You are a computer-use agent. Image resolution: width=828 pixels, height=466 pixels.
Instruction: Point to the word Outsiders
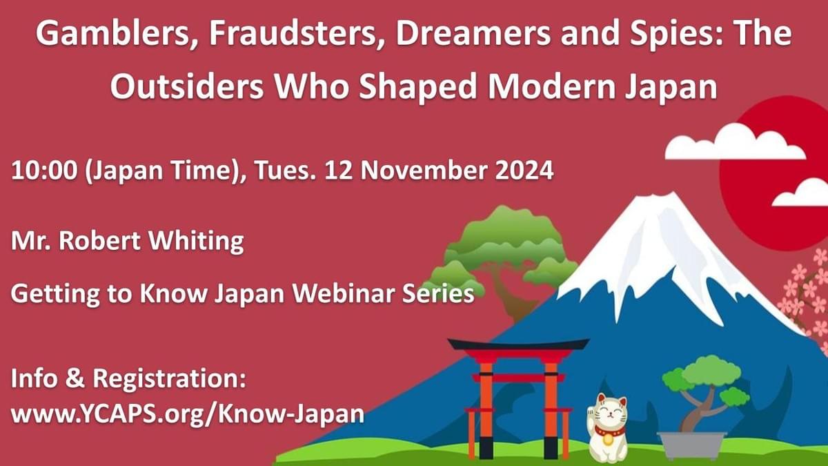187,86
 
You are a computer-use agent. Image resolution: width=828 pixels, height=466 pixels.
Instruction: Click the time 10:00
44,171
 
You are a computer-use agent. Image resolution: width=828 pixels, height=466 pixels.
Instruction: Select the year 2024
524,171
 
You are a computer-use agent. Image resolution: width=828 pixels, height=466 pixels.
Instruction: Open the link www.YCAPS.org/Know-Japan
188,414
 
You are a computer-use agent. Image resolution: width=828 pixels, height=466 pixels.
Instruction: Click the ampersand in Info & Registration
75,378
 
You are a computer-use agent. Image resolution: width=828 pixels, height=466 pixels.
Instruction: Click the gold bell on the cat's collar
607,439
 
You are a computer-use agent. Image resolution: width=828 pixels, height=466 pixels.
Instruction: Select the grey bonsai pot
692,445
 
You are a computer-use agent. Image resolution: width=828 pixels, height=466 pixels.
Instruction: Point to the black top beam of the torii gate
518,344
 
